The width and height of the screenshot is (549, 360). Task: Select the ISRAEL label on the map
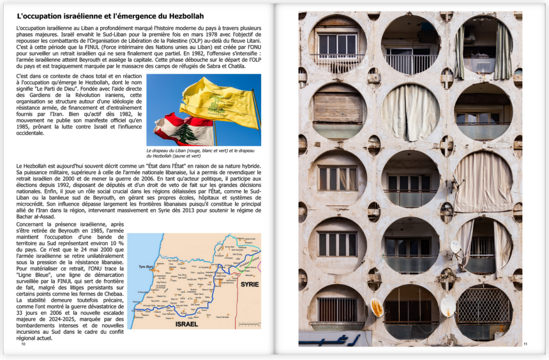pos(186,323)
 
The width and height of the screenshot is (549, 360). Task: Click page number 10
pos(23,344)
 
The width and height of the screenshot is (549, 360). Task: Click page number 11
pos(525,344)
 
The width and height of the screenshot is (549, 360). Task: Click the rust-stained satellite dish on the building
pos(377,308)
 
